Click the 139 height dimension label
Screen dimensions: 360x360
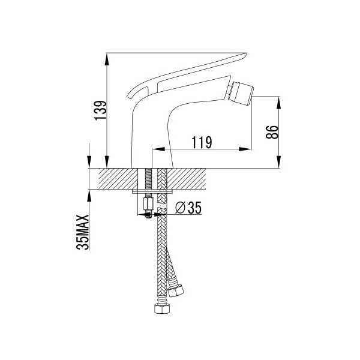click(x=101, y=110)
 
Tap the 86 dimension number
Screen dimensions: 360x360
click(x=272, y=132)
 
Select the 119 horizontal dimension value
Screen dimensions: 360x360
click(x=202, y=142)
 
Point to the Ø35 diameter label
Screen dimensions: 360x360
click(x=188, y=208)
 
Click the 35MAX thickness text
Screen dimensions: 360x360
click(x=82, y=232)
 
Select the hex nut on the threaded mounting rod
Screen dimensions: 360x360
click(x=148, y=204)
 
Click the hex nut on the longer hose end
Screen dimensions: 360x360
click(x=162, y=308)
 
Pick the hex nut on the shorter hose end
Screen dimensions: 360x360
click(x=176, y=290)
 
